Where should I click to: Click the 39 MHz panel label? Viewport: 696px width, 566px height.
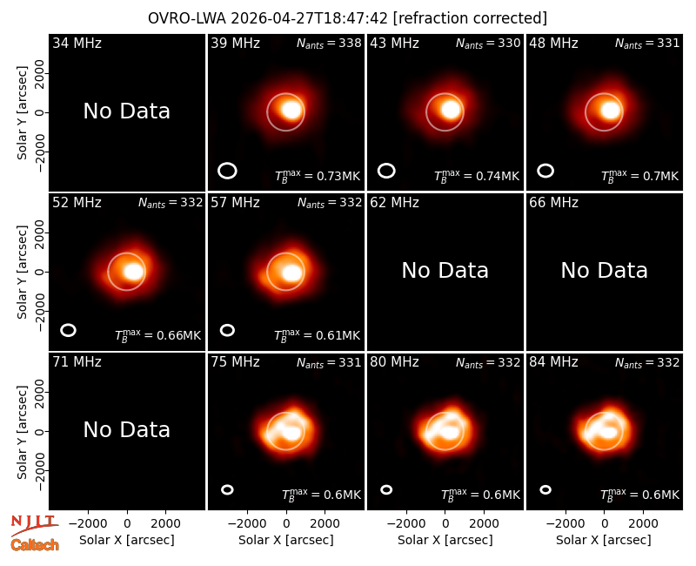(x=235, y=43)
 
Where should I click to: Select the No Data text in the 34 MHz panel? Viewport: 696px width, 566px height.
(x=126, y=111)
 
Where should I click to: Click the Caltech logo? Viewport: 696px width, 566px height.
(x=35, y=545)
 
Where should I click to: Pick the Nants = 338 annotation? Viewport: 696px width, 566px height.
(x=329, y=44)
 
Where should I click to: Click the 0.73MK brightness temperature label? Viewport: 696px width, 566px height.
(x=318, y=177)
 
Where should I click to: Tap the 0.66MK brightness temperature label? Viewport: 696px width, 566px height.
(x=158, y=335)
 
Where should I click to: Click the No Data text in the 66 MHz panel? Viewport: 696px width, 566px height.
(x=604, y=271)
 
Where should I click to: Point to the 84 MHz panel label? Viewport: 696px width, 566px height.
(x=553, y=362)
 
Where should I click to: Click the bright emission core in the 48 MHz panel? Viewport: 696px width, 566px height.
(x=611, y=111)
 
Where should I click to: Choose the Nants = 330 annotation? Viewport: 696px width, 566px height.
(x=488, y=44)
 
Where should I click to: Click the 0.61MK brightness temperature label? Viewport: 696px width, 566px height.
(x=318, y=335)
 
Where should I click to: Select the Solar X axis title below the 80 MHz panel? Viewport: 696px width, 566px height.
(x=445, y=540)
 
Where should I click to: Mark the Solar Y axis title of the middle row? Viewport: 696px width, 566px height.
(x=22, y=272)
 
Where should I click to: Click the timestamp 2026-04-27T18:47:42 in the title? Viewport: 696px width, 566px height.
(x=309, y=18)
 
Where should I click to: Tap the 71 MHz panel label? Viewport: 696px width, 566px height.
(x=77, y=362)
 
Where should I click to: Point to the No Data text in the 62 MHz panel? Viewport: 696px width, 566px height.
(x=445, y=271)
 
